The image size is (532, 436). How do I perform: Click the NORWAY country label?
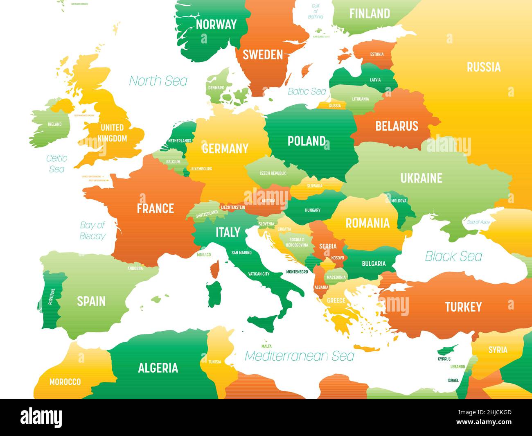tap(216, 25)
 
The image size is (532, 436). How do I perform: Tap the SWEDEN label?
tap(263, 55)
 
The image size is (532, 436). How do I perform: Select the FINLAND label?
tap(370, 14)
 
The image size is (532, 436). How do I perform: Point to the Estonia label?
tap(377, 54)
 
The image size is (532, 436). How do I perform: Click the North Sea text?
tap(158, 81)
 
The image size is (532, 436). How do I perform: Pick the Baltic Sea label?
tap(307, 91)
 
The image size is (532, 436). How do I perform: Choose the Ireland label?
tap(55, 124)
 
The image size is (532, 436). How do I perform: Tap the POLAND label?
tap(307, 141)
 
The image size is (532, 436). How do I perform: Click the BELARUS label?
tap(397, 126)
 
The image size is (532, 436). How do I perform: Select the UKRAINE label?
tap(421, 178)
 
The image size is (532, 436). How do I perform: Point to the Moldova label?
tap(399, 201)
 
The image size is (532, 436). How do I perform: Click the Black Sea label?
tap(453, 256)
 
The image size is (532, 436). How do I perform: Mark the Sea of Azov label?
tap(478, 222)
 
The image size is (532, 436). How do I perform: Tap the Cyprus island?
tap(447, 349)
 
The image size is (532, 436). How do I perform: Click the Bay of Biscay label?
tap(92, 230)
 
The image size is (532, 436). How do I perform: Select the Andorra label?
tap(135, 269)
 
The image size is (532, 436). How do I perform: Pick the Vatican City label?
tap(259, 274)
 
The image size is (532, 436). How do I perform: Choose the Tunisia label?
tap(214, 362)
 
